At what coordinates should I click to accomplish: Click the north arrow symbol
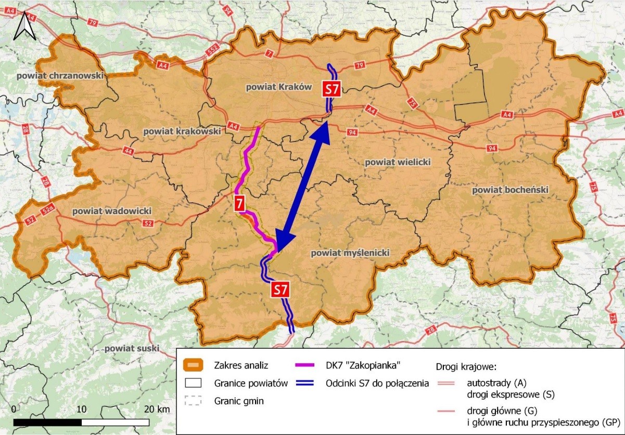24,27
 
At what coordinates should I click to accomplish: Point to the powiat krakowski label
182,132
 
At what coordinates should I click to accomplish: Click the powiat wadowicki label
112,211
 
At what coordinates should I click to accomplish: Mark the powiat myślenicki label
350,253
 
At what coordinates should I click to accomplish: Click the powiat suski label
132,348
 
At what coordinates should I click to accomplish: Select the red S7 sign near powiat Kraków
331,88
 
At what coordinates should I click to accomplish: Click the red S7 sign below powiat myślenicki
280,289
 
